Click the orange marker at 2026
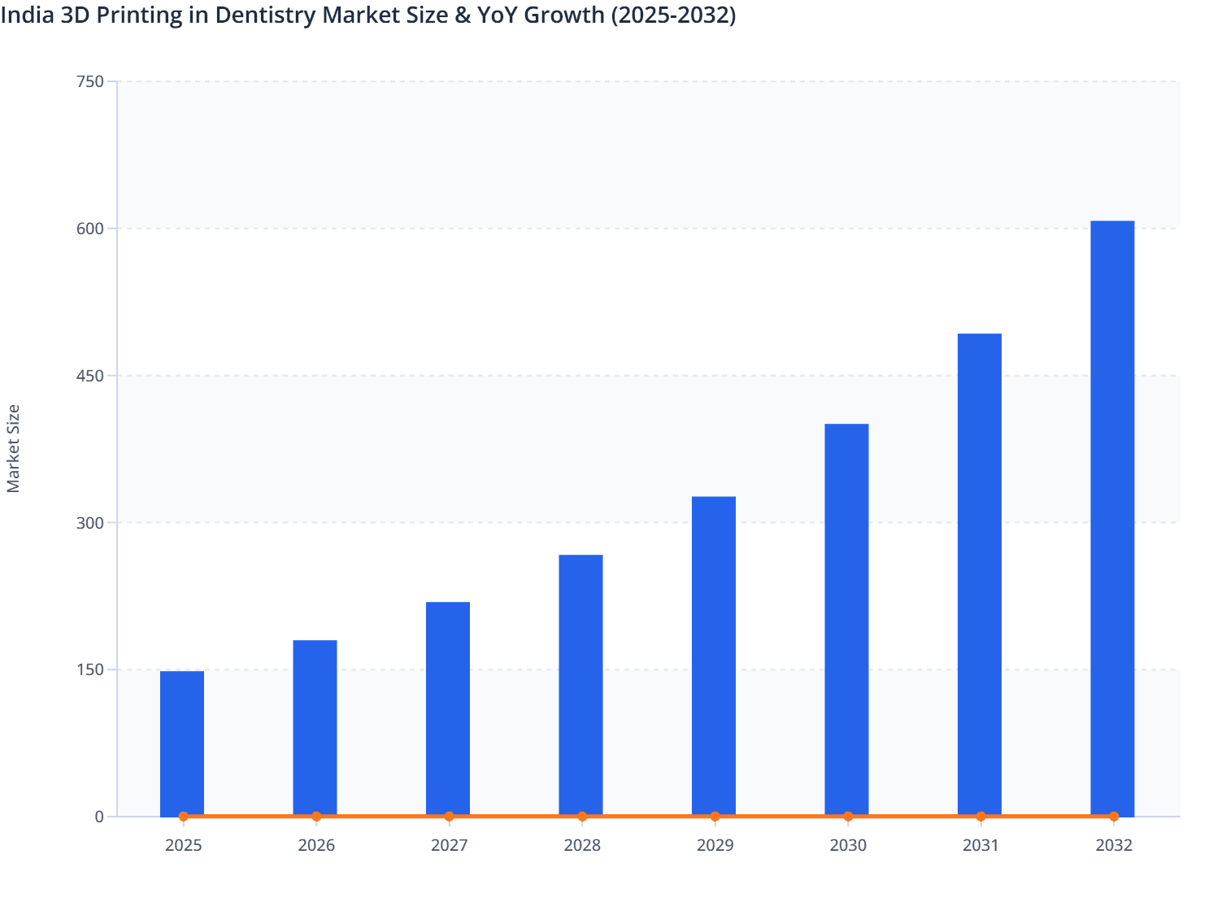(x=316, y=816)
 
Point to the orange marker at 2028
(x=582, y=816)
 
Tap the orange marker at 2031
(x=980, y=816)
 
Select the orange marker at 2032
(x=1114, y=816)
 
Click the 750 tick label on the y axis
(x=89, y=81)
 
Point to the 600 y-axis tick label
(x=89, y=229)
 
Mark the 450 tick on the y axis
(x=89, y=376)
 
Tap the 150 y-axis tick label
(x=89, y=669)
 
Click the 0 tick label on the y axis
(x=99, y=817)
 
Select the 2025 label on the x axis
(x=183, y=845)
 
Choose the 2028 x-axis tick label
(x=582, y=845)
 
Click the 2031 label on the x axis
(x=980, y=845)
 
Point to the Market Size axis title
(x=13, y=448)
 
